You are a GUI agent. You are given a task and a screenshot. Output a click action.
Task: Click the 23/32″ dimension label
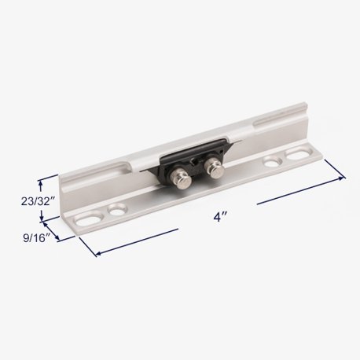tap(38, 201)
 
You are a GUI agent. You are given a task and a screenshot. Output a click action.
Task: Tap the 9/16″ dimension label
tap(37, 238)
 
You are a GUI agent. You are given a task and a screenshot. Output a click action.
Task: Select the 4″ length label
tap(220, 217)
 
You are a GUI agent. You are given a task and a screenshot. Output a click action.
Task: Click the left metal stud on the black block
tap(181, 179)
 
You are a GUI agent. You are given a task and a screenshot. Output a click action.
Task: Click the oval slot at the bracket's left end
tap(88, 219)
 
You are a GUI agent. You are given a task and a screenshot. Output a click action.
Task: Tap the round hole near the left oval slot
tap(117, 209)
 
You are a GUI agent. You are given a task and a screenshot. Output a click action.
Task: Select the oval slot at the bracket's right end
tap(299, 153)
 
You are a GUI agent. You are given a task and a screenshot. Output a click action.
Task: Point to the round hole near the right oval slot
tap(272, 161)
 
